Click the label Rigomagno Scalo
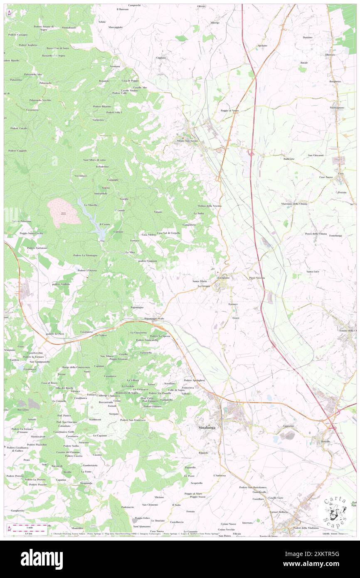[x=155, y=319]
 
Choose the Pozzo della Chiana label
[x=316, y=234]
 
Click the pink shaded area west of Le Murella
[x=63, y=212]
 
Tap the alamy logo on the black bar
[x=42, y=559]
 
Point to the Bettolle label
[x=325, y=441]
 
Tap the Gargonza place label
[x=99, y=120]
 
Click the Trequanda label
[x=86, y=483]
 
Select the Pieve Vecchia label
[x=257, y=277]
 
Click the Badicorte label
[x=289, y=159]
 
